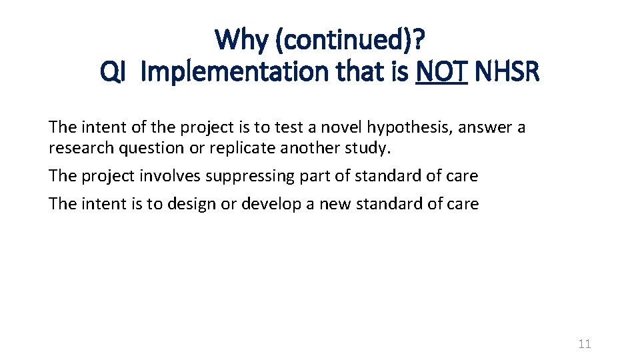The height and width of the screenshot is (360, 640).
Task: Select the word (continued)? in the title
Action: [x=351, y=40]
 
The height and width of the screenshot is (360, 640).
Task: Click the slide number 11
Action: [x=585, y=344]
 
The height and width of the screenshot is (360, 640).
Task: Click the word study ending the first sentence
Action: [x=369, y=148]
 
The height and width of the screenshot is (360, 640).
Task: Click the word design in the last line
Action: [x=195, y=204]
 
